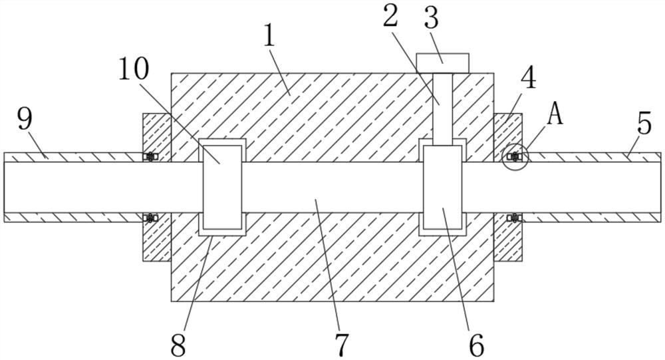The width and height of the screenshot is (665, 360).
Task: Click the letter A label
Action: (x=555, y=114)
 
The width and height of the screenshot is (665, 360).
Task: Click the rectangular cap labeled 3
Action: (x=443, y=63)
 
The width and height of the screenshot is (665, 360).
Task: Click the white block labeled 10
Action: (x=221, y=187)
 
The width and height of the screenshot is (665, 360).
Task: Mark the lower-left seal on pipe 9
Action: (x=150, y=218)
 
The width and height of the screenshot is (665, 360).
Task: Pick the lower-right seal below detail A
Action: (x=514, y=218)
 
